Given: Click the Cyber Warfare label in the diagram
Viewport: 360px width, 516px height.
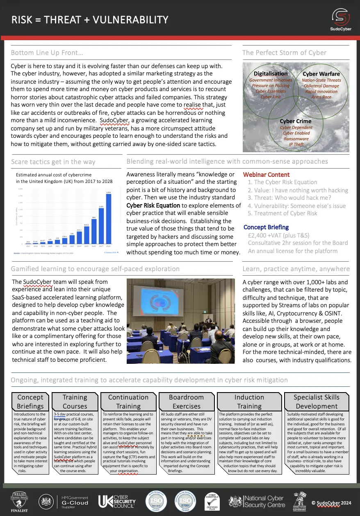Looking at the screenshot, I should tap(321, 74).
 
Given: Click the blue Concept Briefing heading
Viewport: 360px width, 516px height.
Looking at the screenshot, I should tap(266, 227).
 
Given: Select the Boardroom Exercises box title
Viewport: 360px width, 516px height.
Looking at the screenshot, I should tap(186, 402).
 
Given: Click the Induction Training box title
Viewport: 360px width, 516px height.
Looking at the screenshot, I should tap(249, 402).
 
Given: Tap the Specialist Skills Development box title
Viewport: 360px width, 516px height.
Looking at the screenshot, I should tap(317, 402).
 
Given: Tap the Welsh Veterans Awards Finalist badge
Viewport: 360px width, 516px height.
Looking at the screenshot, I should tap(19, 501).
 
